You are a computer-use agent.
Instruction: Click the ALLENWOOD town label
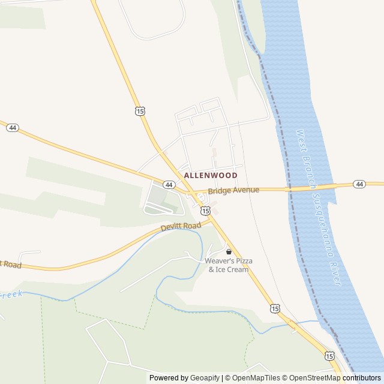[211, 175]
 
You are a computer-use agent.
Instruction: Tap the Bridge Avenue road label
[233, 190]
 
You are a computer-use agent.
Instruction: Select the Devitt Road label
[181, 227]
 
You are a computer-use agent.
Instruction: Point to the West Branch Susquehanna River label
[319, 207]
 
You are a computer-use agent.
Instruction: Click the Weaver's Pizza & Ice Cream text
[228, 265]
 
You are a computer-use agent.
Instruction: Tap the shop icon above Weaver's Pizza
[229, 251]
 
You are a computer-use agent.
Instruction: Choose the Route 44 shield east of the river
[359, 184]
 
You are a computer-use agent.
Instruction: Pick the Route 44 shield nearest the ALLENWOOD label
[169, 184]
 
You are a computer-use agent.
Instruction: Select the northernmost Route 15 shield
[140, 111]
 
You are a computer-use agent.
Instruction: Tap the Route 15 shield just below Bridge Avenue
[206, 211]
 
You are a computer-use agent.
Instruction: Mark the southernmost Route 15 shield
[329, 356]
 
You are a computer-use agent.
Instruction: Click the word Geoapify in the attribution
[205, 378]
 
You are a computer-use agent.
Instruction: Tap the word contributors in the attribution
[362, 378]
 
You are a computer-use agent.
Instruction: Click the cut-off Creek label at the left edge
[10, 295]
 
